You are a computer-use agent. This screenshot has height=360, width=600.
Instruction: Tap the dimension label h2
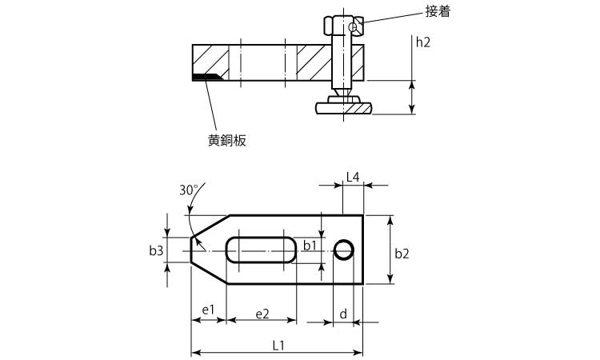pos(423,42)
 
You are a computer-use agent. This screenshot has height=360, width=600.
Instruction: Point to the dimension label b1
pos(310,246)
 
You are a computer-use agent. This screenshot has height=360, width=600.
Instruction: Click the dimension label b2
pos(402,254)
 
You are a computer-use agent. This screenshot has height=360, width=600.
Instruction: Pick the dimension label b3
pos(156,250)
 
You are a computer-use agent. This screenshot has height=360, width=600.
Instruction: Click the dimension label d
pos(342,314)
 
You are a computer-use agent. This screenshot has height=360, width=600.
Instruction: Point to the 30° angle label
pos(188,190)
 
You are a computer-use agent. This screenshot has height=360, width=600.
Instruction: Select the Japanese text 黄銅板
pos(226,140)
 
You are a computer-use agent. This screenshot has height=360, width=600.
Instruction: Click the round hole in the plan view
pos(344,250)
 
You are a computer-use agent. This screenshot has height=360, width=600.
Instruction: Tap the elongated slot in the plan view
pos(261,250)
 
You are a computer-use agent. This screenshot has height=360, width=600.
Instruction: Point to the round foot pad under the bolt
pos(345,106)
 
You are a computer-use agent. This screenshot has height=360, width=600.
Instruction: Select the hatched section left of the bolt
pos(314,62)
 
